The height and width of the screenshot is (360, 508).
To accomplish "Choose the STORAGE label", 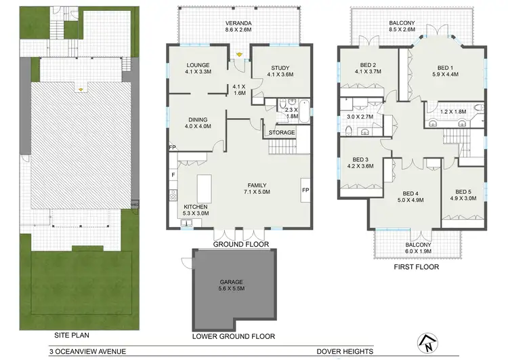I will click(282, 132).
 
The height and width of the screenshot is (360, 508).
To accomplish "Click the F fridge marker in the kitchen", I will click(173, 175).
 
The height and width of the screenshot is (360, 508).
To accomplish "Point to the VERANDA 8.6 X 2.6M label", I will click(238, 26).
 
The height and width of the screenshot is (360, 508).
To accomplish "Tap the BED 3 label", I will click(360, 161).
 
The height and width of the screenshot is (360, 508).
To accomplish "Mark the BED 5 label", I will click(463, 195).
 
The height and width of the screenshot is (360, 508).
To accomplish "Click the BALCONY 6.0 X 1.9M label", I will click(418, 249).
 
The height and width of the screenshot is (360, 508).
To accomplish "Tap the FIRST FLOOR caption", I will click(417, 267).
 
